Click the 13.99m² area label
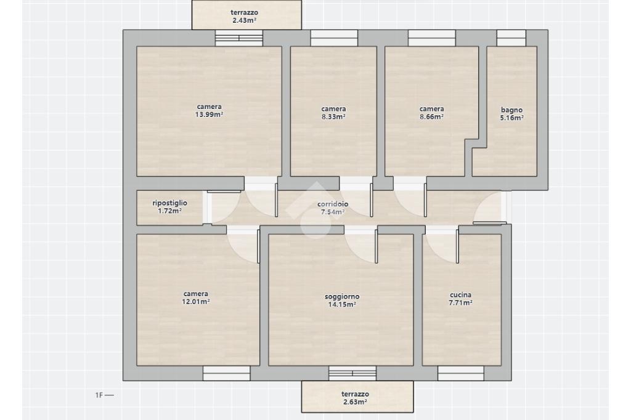[x=210, y=115]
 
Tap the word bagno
[x=512, y=110]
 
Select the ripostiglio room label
[x=169, y=203]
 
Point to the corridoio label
[x=333, y=204]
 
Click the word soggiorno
[x=342, y=297]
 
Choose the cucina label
[x=461, y=295]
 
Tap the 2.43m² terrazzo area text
[x=245, y=20]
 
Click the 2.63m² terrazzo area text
[x=355, y=402]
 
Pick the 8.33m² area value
[x=333, y=116]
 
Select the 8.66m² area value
[x=432, y=116]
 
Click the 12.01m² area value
[x=196, y=302]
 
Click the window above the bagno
[x=511, y=38]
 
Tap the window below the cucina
[x=461, y=373]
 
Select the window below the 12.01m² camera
[x=227, y=373]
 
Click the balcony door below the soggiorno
[x=352, y=373]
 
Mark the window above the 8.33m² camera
[x=334, y=38]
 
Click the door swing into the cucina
[x=442, y=245]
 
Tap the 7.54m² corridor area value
[x=333, y=212]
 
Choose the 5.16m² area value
[x=512, y=118]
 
